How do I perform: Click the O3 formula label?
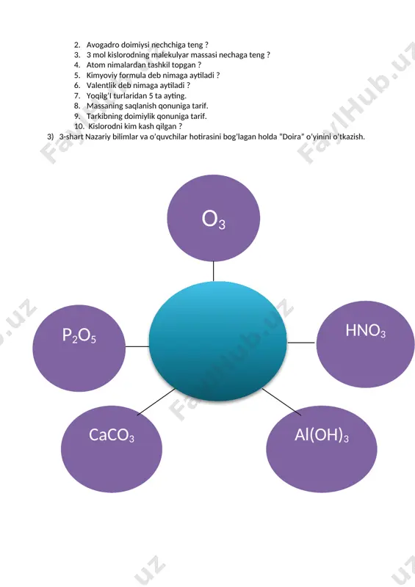[214, 219]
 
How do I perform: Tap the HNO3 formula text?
[366, 331]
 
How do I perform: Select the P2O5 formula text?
[79, 335]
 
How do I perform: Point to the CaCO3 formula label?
[112, 435]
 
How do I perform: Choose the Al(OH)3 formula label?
[322, 435]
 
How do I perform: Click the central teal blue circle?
[218, 340]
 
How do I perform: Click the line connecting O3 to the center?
[213, 271]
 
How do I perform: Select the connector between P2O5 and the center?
[137, 346]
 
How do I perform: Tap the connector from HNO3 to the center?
[301, 343]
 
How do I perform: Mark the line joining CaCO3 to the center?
[156, 401]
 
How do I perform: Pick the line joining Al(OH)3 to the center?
[281, 401]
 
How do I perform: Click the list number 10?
[79, 126]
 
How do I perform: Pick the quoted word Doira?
[292, 136]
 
